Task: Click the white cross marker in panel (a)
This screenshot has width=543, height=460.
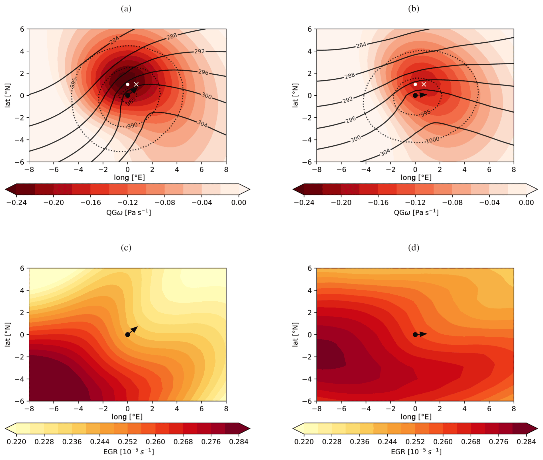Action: [136, 84]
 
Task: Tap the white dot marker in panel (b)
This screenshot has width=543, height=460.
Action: [415, 84]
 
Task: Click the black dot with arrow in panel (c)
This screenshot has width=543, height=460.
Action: [128, 334]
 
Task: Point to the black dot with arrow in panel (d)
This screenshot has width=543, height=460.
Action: [415, 334]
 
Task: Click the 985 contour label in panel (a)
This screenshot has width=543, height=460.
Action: [131, 102]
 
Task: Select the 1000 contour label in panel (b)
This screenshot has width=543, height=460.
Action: [432, 140]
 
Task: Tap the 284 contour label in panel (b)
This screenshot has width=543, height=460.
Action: [361, 45]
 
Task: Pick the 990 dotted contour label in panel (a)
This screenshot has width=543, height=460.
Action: [132, 126]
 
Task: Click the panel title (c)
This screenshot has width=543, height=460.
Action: [126, 248]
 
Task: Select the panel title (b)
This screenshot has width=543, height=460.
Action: [414, 9]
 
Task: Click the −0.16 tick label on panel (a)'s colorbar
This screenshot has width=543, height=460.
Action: [91, 203]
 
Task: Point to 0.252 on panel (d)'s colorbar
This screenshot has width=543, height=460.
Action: [415, 442]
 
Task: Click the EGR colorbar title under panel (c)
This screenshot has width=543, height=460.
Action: [129, 452]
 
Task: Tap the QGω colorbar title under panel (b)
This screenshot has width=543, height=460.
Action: [416, 212]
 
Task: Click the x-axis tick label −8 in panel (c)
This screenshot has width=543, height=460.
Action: [29, 409]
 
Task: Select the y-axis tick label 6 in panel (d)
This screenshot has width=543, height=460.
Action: [310, 268]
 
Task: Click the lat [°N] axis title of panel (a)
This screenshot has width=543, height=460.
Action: [8, 95]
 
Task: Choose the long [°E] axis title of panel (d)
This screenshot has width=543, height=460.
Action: [416, 417]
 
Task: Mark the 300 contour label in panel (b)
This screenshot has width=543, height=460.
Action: [355, 139]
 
